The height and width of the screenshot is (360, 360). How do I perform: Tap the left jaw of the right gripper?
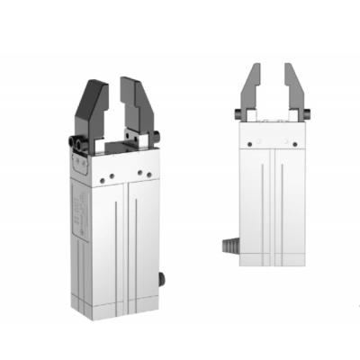click(x=250, y=90)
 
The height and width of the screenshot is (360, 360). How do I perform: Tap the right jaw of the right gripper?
click(x=294, y=90)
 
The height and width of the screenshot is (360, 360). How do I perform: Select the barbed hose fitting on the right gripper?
click(x=229, y=244)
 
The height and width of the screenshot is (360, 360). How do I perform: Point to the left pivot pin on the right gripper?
click(x=239, y=113)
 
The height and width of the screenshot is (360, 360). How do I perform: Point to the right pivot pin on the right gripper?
click(x=305, y=113)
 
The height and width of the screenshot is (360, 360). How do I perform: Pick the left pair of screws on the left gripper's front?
click(x=109, y=178)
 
